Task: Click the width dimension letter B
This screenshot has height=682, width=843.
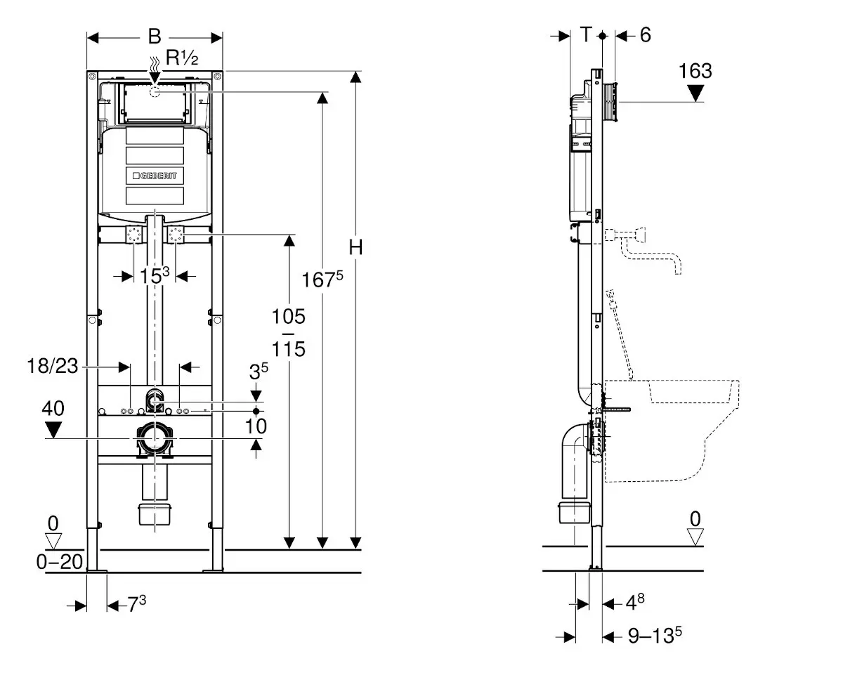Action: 155,37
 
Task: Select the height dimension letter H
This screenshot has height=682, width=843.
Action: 356,247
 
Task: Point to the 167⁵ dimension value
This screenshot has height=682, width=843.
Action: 322,280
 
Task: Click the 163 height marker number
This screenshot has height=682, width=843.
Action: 695,71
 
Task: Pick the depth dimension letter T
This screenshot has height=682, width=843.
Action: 587,35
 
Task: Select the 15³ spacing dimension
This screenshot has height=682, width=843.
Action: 155,275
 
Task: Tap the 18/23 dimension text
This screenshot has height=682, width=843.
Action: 52,366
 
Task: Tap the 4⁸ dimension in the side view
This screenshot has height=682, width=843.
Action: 635,602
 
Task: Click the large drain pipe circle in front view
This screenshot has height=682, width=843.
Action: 155,439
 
